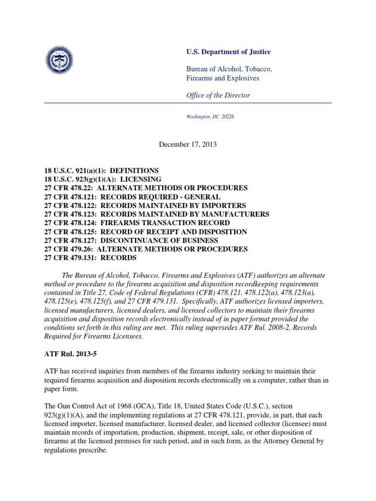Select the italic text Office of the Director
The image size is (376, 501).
[x=218, y=95]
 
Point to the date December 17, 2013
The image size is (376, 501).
[x=188, y=144]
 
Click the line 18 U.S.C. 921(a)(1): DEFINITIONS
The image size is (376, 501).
[x=101, y=170]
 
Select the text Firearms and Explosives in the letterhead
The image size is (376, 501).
[x=218, y=78]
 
